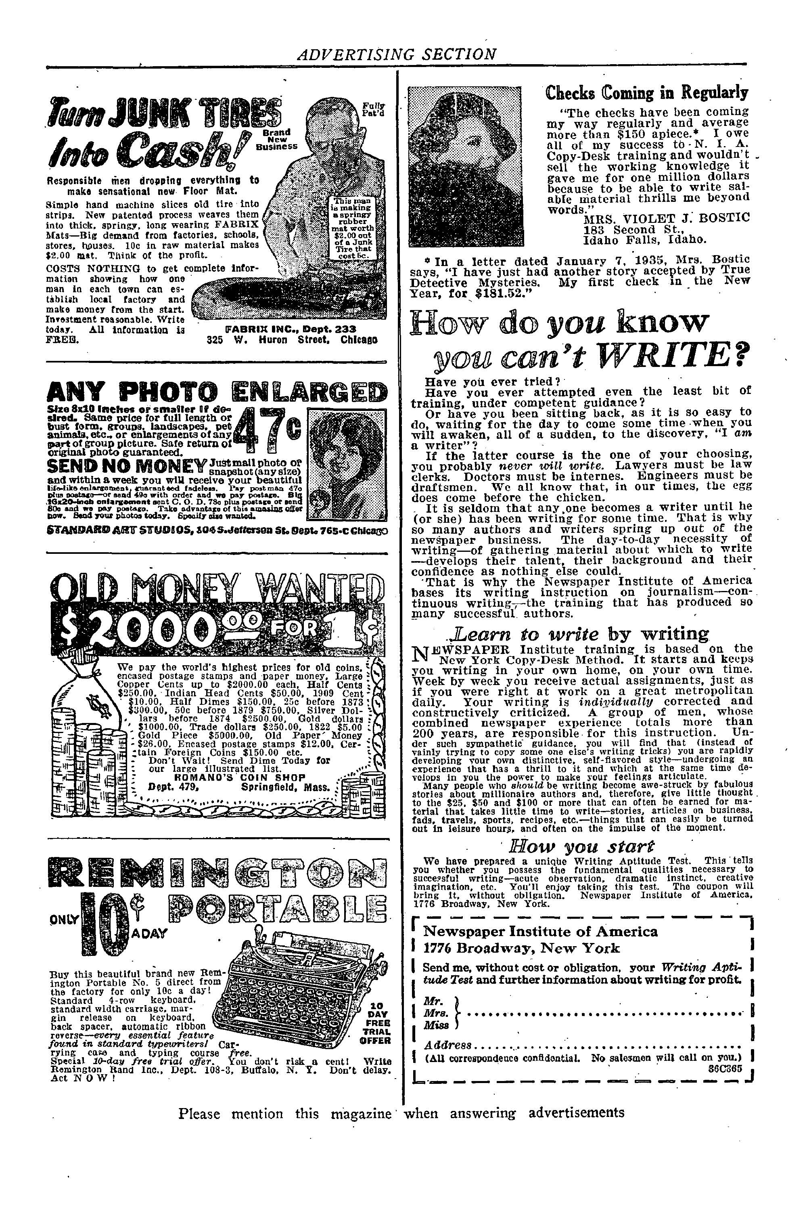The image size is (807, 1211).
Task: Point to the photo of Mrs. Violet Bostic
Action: click(x=464, y=164)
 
